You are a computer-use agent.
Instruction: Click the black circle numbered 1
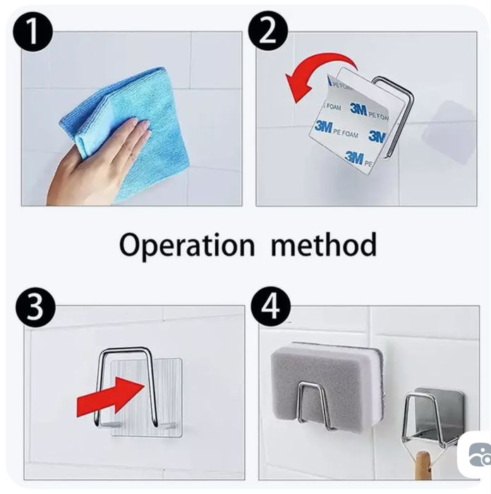[32, 32]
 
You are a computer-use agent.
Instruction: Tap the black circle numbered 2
[268, 32]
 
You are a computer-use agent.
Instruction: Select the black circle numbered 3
[35, 306]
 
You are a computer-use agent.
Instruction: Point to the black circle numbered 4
[271, 306]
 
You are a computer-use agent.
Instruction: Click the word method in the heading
[324, 244]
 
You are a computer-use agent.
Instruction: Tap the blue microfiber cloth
[126, 133]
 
